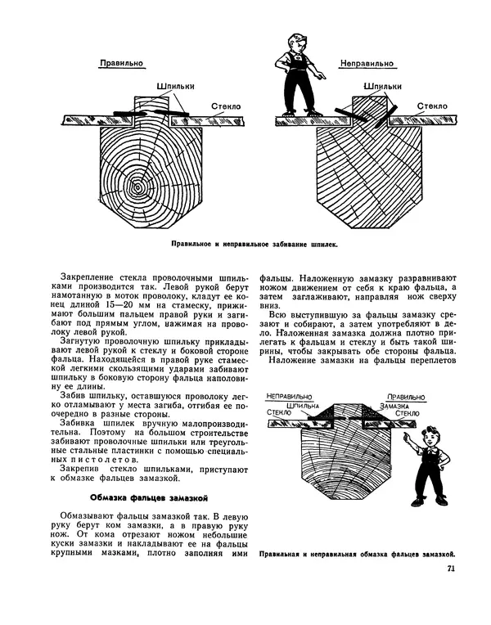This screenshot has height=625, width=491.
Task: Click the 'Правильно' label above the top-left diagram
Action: click(x=121, y=62)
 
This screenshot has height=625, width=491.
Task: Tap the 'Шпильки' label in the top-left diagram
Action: click(x=172, y=84)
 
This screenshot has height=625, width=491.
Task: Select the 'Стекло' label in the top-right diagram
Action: click(x=431, y=106)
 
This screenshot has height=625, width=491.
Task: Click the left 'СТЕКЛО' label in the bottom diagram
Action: click(x=281, y=414)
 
